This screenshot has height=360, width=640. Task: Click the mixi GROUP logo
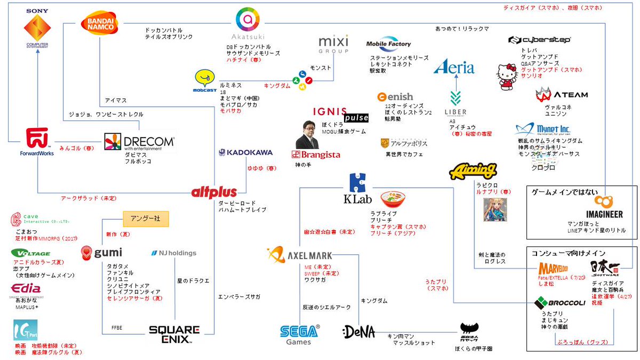[x=333, y=44]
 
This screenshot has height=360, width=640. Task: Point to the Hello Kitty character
[x=506, y=78]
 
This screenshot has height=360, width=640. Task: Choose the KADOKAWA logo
[x=245, y=153]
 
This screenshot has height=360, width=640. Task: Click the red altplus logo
[x=214, y=193]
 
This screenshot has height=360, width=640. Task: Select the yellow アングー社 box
[x=146, y=218]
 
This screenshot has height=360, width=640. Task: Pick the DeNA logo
[x=358, y=332]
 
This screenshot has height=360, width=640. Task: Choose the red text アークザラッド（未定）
[x=88, y=198]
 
